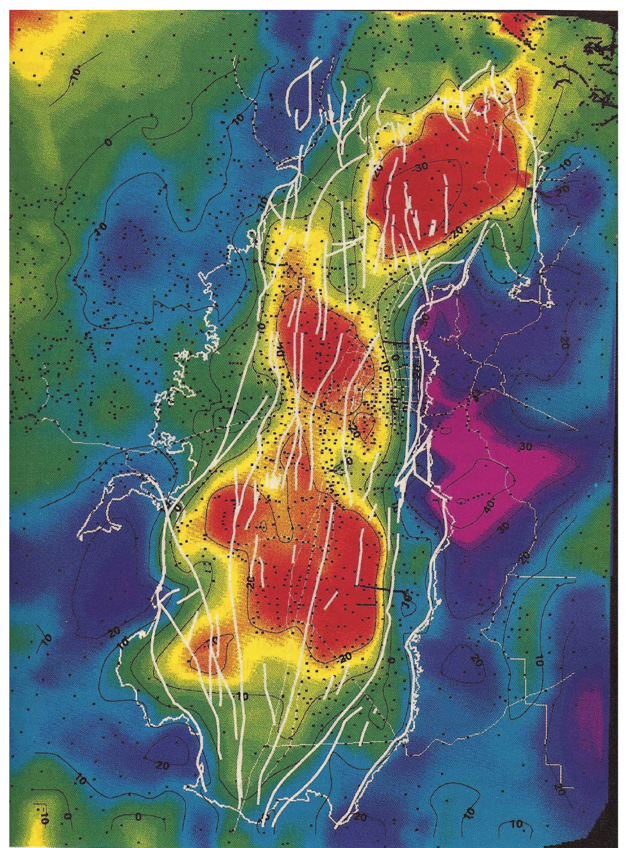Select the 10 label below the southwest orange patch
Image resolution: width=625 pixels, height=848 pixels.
tap(243, 696)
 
